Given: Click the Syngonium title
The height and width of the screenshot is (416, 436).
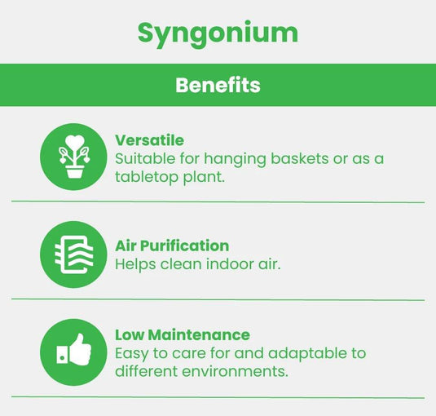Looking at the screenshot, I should pyautogui.click(x=218, y=33).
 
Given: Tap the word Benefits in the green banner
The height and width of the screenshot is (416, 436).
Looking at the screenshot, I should pyautogui.click(x=218, y=85).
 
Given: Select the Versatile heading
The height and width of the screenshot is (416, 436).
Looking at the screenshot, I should pyautogui.click(x=149, y=140).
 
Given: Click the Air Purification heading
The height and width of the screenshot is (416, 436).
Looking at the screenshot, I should pyautogui.click(x=172, y=246).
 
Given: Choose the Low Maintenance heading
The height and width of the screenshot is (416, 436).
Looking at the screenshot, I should pyautogui.click(x=183, y=334).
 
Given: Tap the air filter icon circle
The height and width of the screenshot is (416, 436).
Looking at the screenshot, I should pyautogui.click(x=74, y=254).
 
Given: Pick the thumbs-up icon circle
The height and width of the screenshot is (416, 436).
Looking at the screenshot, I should pyautogui.click(x=74, y=352).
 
